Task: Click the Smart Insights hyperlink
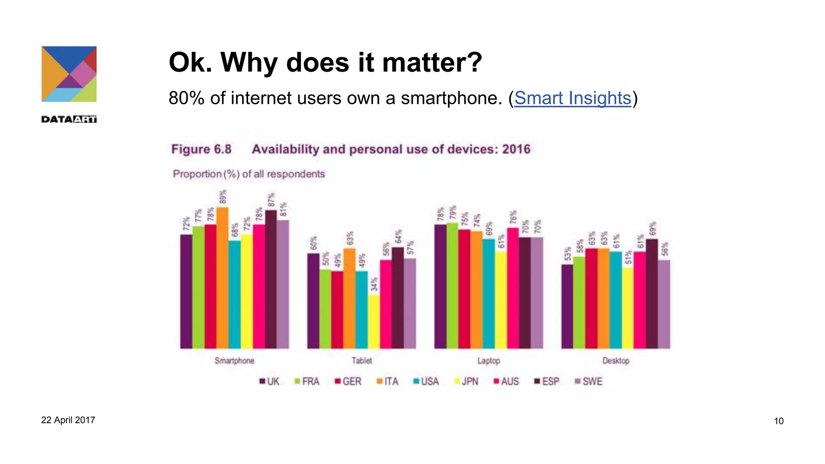pos(572,98)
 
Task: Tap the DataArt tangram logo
pos(69,74)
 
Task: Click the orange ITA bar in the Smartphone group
pos(222,278)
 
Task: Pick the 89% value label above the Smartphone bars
pos(223,197)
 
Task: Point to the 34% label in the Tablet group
pos(374,284)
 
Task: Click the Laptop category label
pos(489,360)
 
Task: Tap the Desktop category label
pos(616,360)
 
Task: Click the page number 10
pos(778,421)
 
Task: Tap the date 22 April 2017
pos(68,420)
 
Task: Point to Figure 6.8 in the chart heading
pos(201,149)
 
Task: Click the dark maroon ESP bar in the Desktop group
pos(652,294)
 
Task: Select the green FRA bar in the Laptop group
pos(452,286)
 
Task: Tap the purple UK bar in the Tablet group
pos(313,301)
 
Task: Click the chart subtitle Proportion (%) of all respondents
pos(249,174)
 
